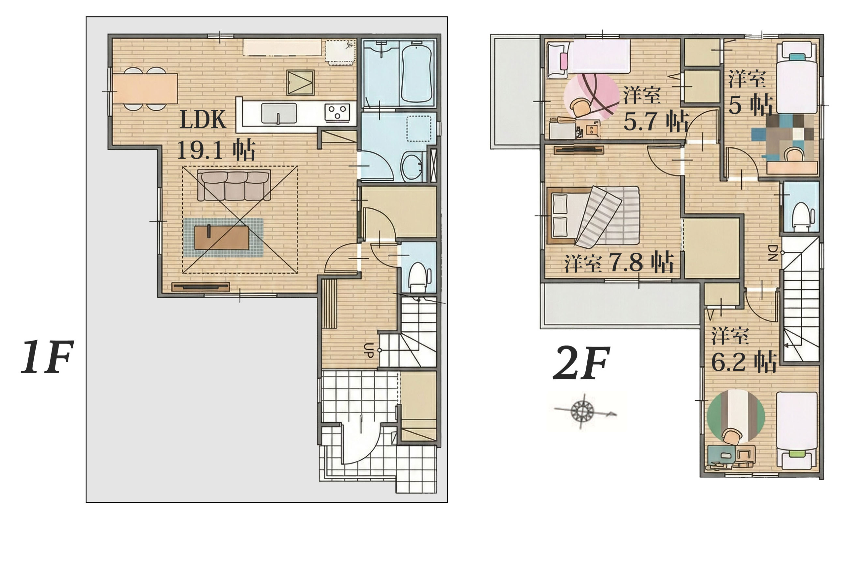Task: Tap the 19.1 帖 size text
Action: pyautogui.click(x=216, y=150)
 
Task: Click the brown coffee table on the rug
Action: pyautogui.click(x=221, y=238)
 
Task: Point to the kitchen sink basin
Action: pyautogui.click(x=279, y=113)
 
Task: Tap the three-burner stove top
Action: pyautogui.click(x=337, y=112)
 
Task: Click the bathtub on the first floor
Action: pyautogui.click(x=417, y=73)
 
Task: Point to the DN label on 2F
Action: pyautogui.click(x=772, y=252)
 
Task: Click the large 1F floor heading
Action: pyautogui.click(x=47, y=357)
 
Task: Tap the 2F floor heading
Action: pyautogui.click(x=581, y=363)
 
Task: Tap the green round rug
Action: pyautogui.click(x=736, y=416)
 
